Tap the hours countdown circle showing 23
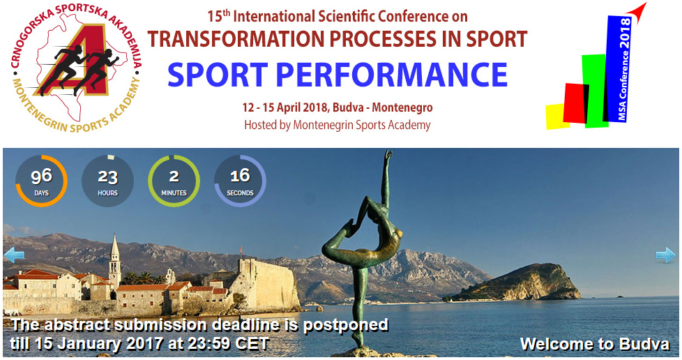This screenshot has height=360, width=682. pyautogui.click(x=107, y=181)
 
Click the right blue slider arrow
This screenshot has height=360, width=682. pyautogui.click(x=665, y=255)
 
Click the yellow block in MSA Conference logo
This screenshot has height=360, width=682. pyautogui.click(x=556, y=117)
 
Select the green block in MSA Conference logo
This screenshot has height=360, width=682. pyautogui.click(x=595, y=91)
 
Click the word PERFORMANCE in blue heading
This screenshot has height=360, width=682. pyautogui.click(x=391, y=75)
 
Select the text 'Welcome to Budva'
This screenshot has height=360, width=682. pyautogui.click(x=595, y=344)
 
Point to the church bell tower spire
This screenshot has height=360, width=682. pyautogui.click(x=114, y=246)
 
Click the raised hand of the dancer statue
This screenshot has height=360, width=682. pyautogui.click(x=388, y=156)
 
